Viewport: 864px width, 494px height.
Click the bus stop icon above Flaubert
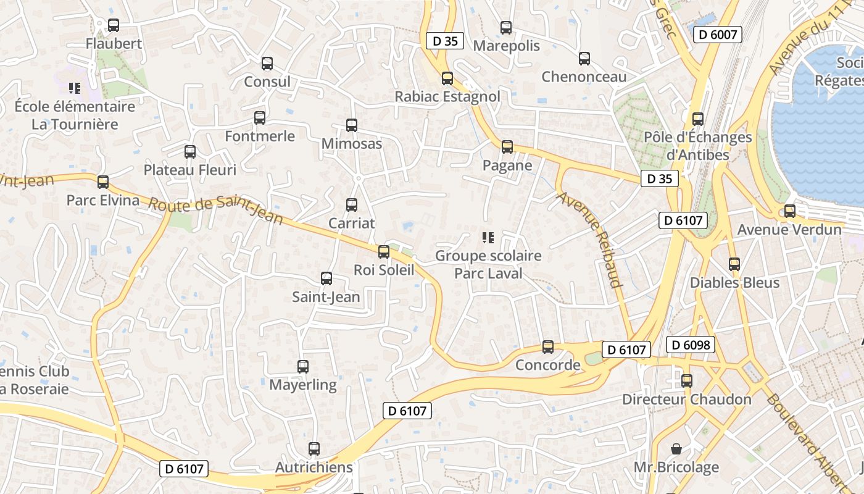pos(114,25)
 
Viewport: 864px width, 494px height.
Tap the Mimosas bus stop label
pos(352,144)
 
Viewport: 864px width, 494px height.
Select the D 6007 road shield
pos(717,35)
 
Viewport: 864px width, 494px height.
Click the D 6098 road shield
pos(691,345)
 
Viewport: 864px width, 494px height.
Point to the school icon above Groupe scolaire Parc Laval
pos(488,237)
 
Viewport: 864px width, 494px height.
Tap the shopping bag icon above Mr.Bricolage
pos(676,448)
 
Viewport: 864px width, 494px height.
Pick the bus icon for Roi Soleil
pos(384,252)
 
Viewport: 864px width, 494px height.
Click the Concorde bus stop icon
pos(548,347)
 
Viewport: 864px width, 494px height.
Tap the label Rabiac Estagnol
pos(447,97)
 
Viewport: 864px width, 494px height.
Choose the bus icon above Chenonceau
pos(584,59)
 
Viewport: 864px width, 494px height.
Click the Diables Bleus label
pos(734,283)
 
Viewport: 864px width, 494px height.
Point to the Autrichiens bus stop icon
pos(314,449)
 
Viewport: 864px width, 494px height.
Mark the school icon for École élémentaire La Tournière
pos(75,88)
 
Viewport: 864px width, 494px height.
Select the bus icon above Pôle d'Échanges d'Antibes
pos(698,119)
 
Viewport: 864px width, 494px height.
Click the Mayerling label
pos(303,385)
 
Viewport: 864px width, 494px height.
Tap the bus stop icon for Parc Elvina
pos(103,182)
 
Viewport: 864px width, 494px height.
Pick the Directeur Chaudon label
pos(687,400)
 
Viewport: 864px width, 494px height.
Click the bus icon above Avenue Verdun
pos(790,211)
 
